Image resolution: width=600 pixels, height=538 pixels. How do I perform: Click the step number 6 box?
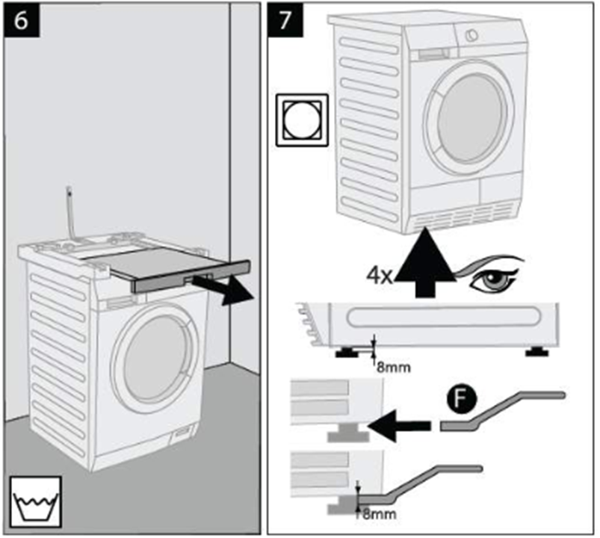point(22,20)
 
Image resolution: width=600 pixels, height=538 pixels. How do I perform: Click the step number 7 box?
point(285,20)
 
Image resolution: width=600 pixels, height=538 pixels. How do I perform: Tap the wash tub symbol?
point(36,501)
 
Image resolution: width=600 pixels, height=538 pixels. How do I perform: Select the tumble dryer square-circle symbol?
point(303,120)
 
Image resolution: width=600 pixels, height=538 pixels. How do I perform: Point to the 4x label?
point(379,276)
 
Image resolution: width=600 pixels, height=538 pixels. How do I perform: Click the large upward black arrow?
point(424,262)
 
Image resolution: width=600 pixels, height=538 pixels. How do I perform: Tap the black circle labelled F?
point(462,398)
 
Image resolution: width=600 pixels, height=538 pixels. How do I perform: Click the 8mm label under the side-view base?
point(393,368)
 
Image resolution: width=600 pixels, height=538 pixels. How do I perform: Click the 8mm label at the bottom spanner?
point(379,514)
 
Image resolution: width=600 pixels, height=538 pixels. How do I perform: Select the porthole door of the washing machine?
point(155,359)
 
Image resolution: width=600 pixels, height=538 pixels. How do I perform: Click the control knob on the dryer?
point(471,35)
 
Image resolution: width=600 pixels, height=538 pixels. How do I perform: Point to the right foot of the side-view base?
point(536,352)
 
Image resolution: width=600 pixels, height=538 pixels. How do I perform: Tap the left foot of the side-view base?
point(347,352)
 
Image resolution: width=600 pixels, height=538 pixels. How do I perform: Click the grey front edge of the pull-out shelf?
point(191,276)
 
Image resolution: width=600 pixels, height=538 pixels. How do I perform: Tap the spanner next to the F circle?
point(502,410)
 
